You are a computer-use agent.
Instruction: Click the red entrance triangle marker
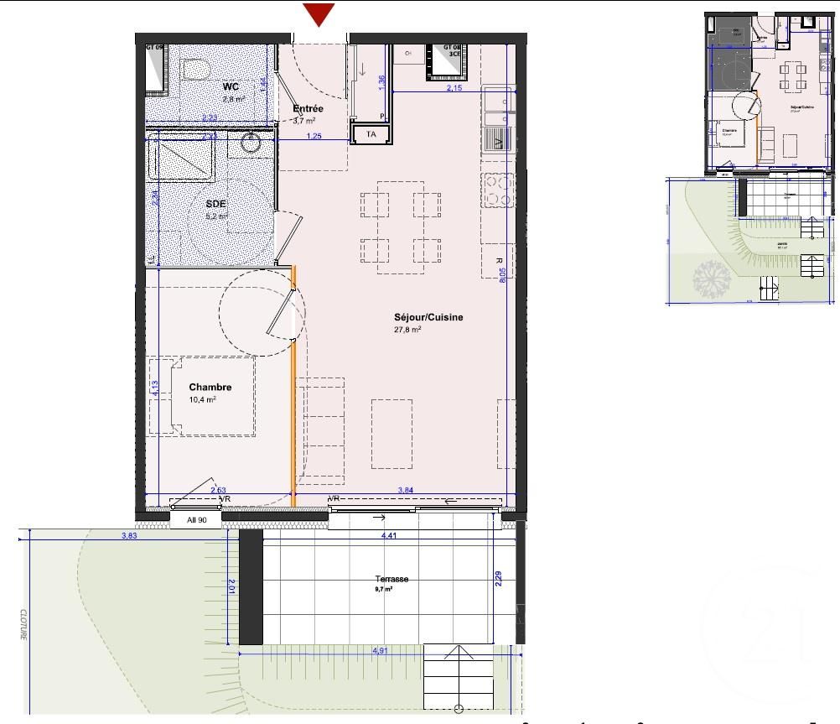tap(319, 14)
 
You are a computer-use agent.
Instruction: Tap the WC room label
tap(231, 86)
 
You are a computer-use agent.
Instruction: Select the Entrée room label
tap(307, 109)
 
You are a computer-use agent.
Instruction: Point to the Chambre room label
tap(210, 387)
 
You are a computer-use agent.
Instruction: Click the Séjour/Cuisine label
tap(428, 317)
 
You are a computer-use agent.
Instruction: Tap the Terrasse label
tap(392, 580)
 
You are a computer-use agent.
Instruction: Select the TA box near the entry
tap(371, 134)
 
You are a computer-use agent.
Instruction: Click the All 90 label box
tap(195, 519)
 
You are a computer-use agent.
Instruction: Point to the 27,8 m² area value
tap(407, 330)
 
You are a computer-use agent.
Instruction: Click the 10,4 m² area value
tap(202, 400)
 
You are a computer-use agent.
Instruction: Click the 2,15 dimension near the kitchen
tap(454, 87)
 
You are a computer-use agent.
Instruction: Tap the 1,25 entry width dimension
tap(314, 136)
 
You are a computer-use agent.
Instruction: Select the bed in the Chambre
tap(203, 395)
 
